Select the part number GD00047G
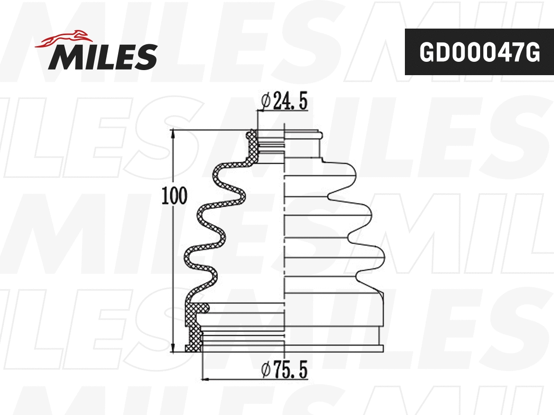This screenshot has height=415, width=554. [x=479, y=52]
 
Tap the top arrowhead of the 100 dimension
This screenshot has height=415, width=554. [x=173, y=134]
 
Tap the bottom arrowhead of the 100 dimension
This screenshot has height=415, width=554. [x=173, y=348]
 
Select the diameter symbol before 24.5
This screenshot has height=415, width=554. [x=265, y=101]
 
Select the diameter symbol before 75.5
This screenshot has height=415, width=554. [x=265, y=370]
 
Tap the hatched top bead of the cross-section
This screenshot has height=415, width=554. [x=251, y=135]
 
